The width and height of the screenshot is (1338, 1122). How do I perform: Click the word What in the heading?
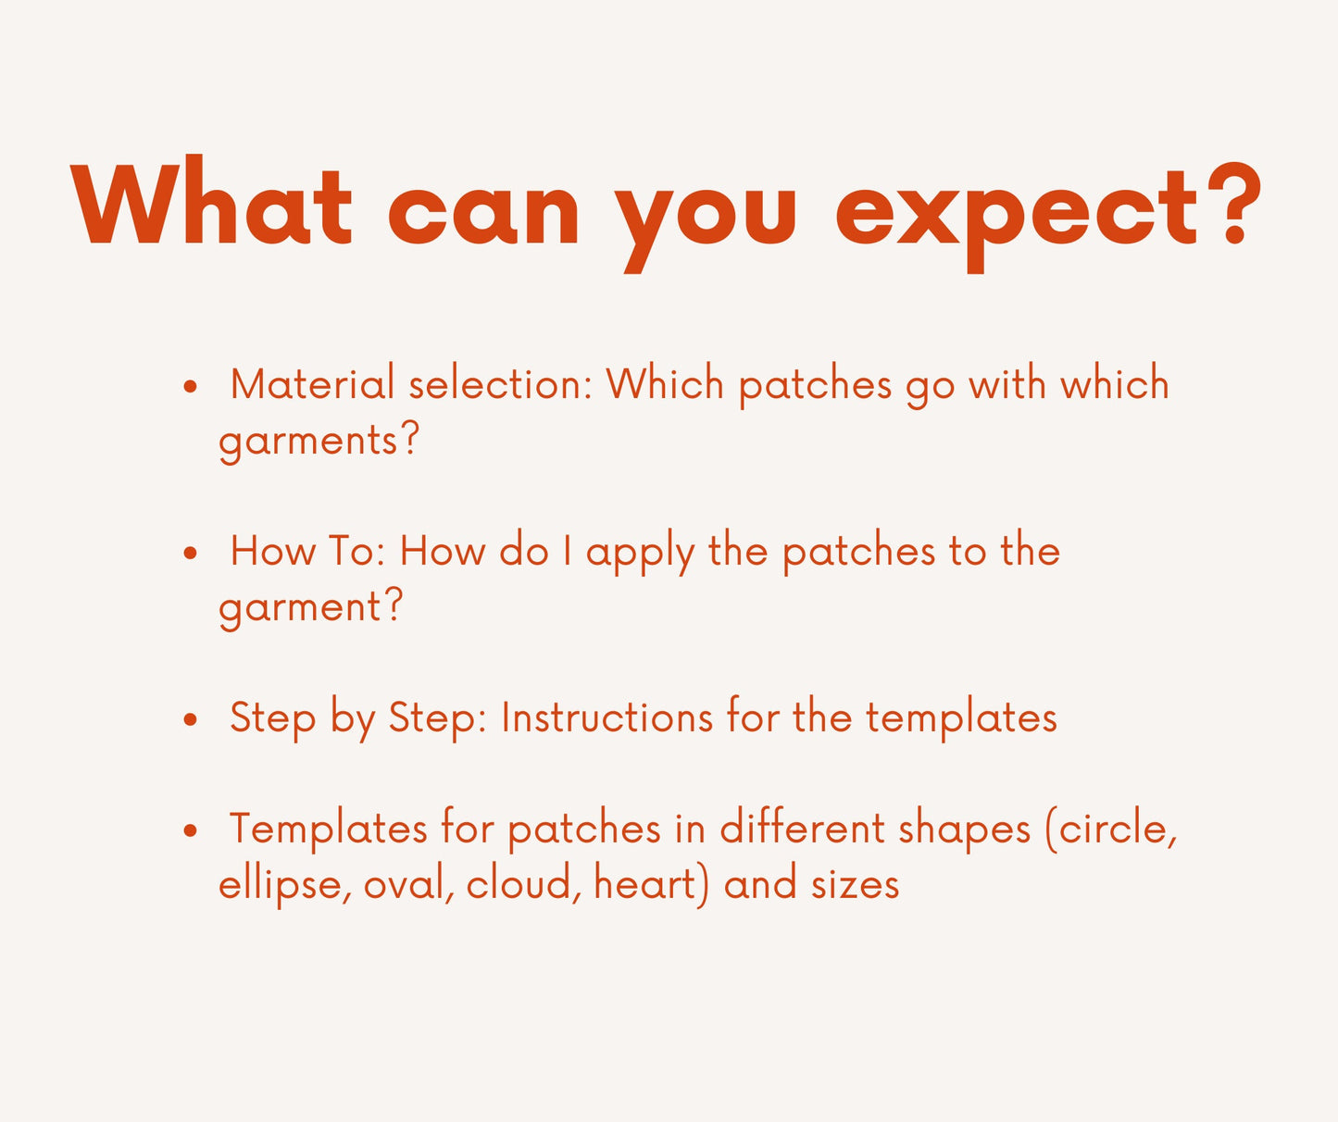click(211, 200)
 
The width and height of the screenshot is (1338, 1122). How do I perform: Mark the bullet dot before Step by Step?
click(190, 719)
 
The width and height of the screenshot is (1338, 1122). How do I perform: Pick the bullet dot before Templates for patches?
click(190, 830)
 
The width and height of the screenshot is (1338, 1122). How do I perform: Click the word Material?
click(312, 384)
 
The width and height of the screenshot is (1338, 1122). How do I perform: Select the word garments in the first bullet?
click(309, 443)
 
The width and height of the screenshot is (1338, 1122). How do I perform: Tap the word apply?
click(640, 555)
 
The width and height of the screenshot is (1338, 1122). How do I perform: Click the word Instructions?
click(606, 717)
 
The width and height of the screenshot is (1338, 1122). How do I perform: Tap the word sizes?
click(856, 885)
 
